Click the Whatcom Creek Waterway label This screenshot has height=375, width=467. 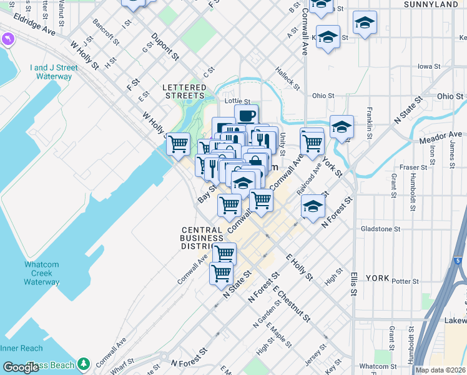pos(42,273)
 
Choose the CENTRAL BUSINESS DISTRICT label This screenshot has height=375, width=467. pos(202,238)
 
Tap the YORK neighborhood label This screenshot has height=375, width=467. pos(377,277)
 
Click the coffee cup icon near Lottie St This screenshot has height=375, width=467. pos(246,115)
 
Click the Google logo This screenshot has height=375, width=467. pos(21,367)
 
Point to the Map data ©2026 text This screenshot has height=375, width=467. pos(440,370)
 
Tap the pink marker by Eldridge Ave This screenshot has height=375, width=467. pos(7,39)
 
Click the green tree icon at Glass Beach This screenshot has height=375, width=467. pos(84,364)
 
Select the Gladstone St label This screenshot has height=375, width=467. pos(380,229)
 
